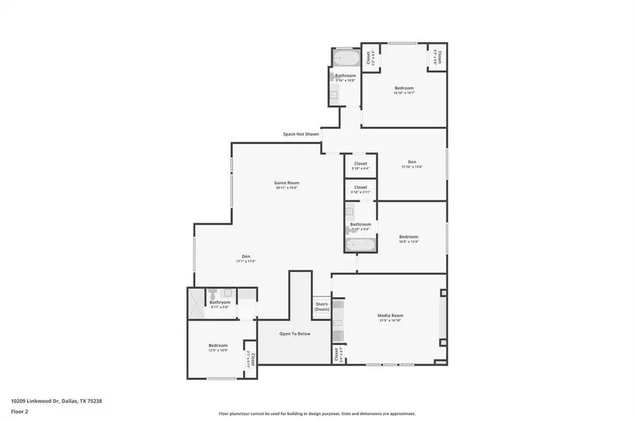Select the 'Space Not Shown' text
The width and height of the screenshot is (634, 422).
[x=300, y=134]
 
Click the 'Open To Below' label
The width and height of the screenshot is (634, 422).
[x=294, y=333]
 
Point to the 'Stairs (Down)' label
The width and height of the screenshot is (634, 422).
[x=322, y=307]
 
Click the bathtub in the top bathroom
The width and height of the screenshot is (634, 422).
[x=345, y=56]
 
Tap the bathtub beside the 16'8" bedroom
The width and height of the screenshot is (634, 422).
[x=360, y=245]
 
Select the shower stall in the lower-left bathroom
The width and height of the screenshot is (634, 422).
[x=196, y=304]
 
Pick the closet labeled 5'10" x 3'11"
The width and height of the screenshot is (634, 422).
[x=360, y=188]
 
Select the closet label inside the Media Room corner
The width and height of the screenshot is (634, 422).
[x=336, y=353]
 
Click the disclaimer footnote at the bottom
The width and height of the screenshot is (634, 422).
[x=317, y=414]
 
